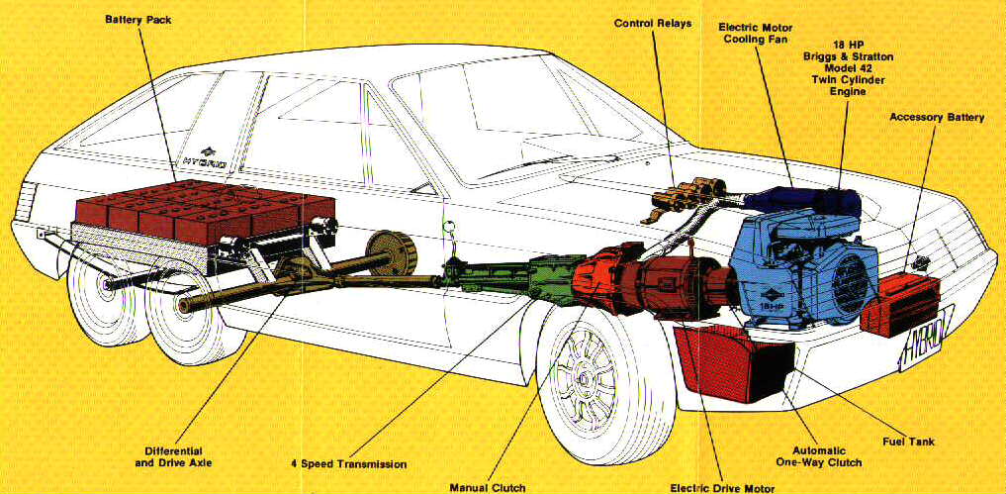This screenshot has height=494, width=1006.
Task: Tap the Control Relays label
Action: (653, 23)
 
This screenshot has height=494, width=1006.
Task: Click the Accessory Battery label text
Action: (936, 117)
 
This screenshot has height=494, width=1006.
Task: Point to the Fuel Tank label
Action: (907, 442)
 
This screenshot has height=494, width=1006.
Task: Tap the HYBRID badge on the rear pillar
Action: (206, 158)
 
